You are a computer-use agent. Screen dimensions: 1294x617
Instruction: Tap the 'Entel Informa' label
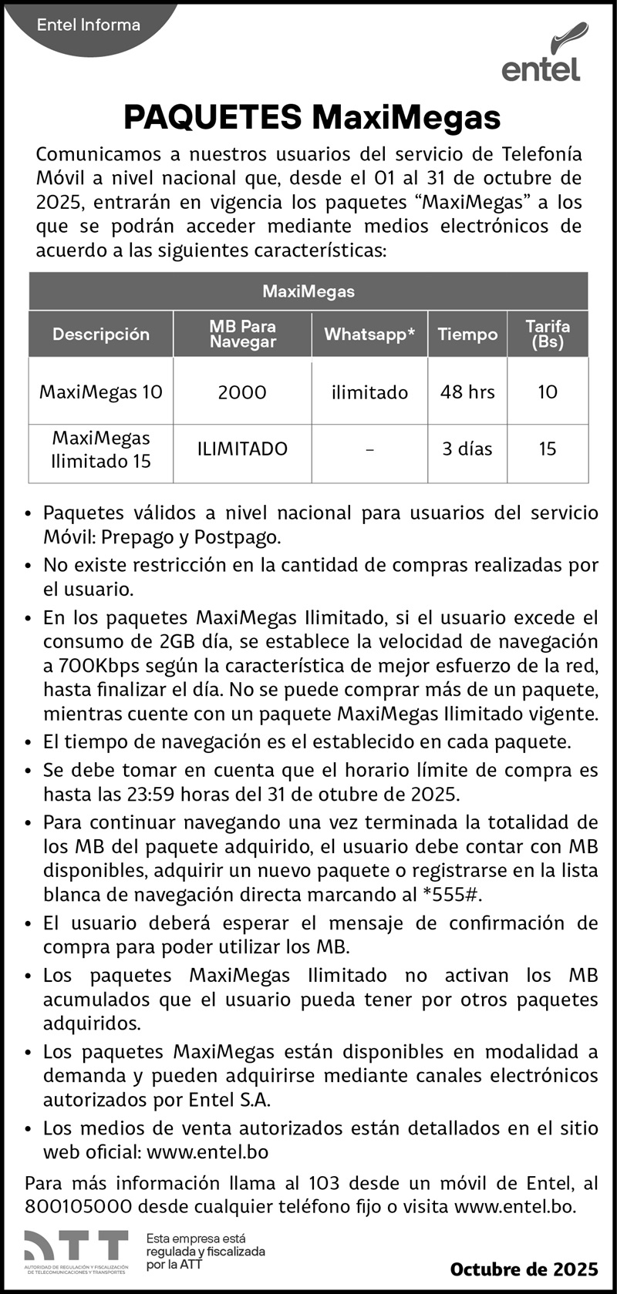click(89, 25)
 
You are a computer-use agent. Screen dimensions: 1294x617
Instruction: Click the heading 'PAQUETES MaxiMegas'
click(312, 118)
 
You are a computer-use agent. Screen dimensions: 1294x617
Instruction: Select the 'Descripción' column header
click(101, 334)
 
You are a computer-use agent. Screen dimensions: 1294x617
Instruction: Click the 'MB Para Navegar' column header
click(242, 334)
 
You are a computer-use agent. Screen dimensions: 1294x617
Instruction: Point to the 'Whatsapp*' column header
click(369, 334)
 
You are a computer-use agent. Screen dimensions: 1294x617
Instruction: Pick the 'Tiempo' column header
click(467, 334)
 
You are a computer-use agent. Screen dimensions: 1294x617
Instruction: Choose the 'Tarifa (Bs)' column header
click(548, 334)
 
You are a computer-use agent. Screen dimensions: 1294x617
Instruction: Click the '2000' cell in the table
click(242, 392)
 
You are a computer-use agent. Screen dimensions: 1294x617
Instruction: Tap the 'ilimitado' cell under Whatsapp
click(369, 392)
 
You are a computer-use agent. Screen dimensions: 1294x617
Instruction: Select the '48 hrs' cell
click(467, 392)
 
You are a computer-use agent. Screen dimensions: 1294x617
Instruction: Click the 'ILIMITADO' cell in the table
click(242, 449)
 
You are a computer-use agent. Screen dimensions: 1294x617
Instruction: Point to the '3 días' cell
click(467, 449)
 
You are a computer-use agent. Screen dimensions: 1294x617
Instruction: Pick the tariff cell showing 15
click(548, 449)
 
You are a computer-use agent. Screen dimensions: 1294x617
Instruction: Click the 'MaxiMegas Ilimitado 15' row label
click(101, 450)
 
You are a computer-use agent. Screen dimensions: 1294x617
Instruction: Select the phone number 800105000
click(78, 1206)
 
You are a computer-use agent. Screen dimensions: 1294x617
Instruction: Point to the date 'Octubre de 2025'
click(524, 1269)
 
